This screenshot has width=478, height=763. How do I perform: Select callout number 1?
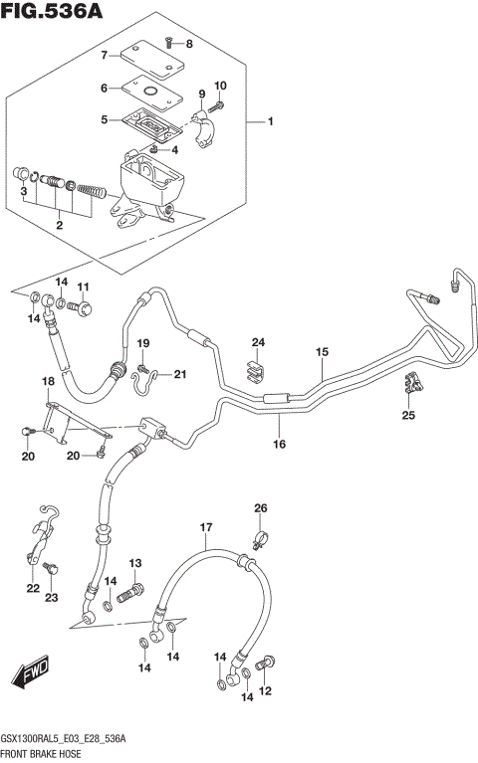tap(269, 122)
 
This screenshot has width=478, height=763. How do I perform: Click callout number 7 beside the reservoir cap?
tap(103, 54)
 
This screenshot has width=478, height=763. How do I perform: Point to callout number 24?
tap(258, 343)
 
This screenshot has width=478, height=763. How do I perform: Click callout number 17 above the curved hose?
tap(206, 527)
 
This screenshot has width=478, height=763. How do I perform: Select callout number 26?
tap(260, 509)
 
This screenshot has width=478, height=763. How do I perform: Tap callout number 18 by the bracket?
tap(47, 382)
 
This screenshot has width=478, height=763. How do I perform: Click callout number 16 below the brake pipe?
tap(280, 444)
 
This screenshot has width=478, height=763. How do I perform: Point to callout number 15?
tap(322, 352)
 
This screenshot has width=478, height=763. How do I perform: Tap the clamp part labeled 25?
tap(413, 383)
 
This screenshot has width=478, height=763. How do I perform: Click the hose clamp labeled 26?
tap(258, 542)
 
